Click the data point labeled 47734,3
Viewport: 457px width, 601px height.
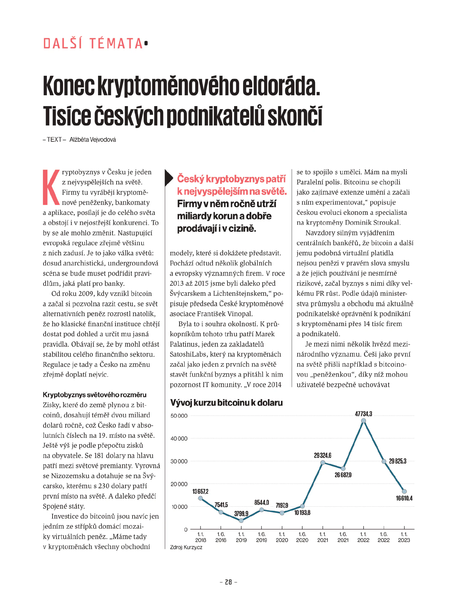[x=363, y=421]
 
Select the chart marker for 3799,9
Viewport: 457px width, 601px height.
[x=241, y=520]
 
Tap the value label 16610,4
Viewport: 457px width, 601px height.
[x=404, y=498]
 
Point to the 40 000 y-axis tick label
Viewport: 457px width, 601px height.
[x=179, y=439]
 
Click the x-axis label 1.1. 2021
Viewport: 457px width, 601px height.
[x=322, y=537]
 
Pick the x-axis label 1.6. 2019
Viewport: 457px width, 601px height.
[x=261, y=537]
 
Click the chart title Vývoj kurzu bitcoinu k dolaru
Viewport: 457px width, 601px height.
[x=226, y=403]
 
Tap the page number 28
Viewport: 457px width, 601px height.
[x=228, y=582]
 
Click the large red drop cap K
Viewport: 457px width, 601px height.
[x=51, y=187]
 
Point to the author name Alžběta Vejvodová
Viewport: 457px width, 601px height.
[x=93, y=140]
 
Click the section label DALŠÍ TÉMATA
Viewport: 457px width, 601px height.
[x=93, y=44]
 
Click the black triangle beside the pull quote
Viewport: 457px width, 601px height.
[x=169, y=178]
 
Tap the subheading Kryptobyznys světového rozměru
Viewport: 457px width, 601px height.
[x=95, y=395]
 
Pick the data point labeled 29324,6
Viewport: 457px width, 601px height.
[x=323, y=462]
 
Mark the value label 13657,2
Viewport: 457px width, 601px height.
[x=200, y=491]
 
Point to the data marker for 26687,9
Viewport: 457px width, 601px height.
[x=343, y=468]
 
